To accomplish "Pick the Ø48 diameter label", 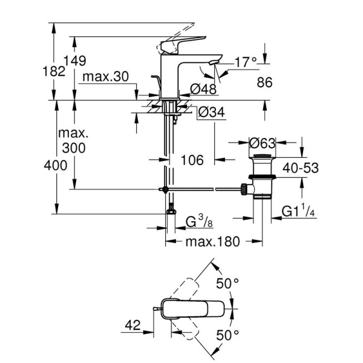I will point(202,89).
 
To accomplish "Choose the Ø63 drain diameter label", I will point(263,144).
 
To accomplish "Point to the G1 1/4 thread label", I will point(299,211).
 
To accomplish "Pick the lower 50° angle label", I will point(229,334).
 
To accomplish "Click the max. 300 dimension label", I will point(73,140).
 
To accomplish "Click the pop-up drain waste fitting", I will point(262,178).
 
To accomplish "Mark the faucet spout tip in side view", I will point(214,60).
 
